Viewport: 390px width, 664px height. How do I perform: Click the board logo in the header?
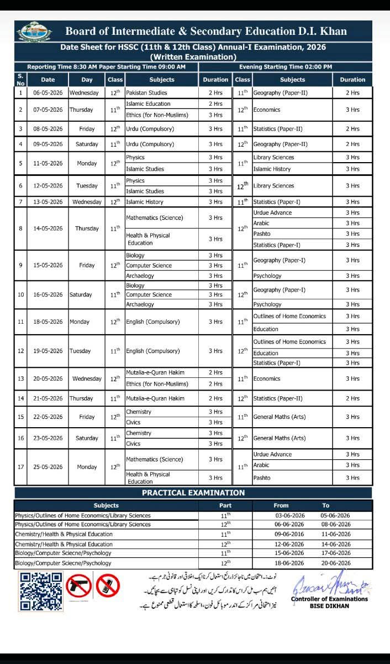click(x=34, y=32)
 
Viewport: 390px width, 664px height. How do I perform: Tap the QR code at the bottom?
click(x=40, y=591)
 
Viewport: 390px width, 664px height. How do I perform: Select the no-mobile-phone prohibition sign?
click(x=108, y=585)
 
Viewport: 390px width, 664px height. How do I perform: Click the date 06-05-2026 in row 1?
click(x=48, y=93)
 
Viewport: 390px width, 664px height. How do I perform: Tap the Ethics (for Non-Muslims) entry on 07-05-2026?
click(x=157, y=115)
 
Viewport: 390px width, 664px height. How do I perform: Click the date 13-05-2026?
click(x=48, y=202)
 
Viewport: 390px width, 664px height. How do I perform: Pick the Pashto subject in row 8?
click(x=262, y=234)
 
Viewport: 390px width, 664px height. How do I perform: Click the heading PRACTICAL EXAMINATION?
click(x=193, y=492)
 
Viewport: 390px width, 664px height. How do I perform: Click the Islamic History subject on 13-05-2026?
click(x=145, y=202)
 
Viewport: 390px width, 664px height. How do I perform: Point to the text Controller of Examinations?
click(x=329, y=599)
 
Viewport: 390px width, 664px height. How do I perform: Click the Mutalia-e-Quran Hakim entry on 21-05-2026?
click(x=155, y=398)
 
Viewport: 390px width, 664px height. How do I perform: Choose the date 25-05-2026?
click(x=48, y=466)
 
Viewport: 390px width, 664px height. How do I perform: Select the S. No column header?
click(x=20, y=79)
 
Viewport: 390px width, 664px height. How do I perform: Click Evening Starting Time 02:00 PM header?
click(x=286, y=67)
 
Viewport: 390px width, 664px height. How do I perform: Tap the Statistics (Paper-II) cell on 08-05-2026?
click(x=277, y=129)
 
